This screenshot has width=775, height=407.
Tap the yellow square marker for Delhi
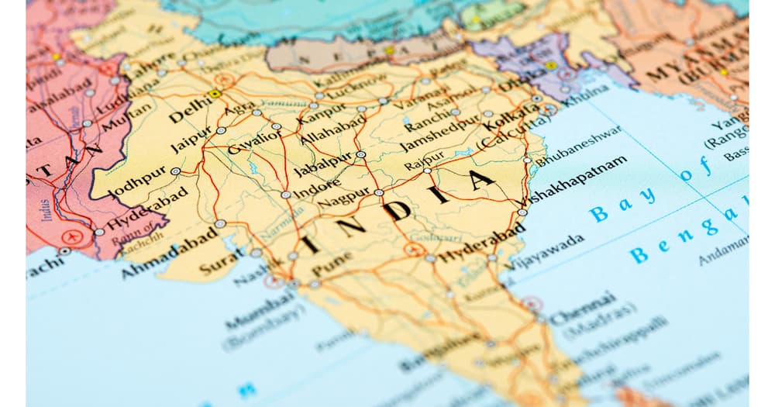(x=215, y=94)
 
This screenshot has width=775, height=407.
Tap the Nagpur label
(x=343, y=198)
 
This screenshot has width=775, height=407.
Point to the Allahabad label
(x=333, y=129)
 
